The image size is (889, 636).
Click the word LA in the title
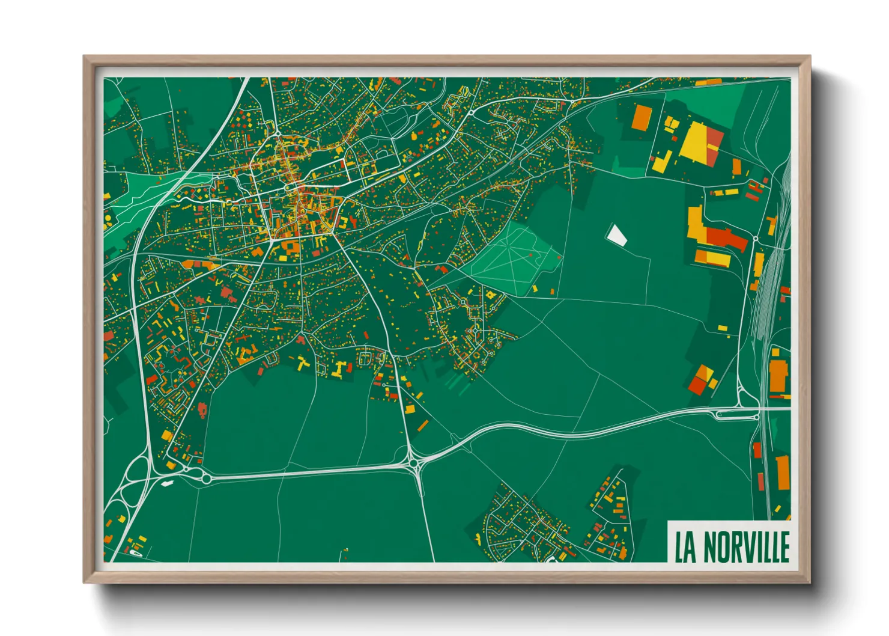coord(685,546)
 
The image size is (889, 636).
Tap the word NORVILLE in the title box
coord(746,546)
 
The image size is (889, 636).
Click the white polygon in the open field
coord(616,234)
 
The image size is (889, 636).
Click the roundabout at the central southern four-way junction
coord(414,462)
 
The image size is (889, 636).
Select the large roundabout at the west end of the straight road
coord(206,479)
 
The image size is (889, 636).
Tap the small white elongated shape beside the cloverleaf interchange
coord(166,483)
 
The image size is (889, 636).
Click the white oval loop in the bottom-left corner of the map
coord(133,554)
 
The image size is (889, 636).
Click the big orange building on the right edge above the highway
coord(778,375)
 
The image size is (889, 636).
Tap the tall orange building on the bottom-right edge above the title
coord(783,472)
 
